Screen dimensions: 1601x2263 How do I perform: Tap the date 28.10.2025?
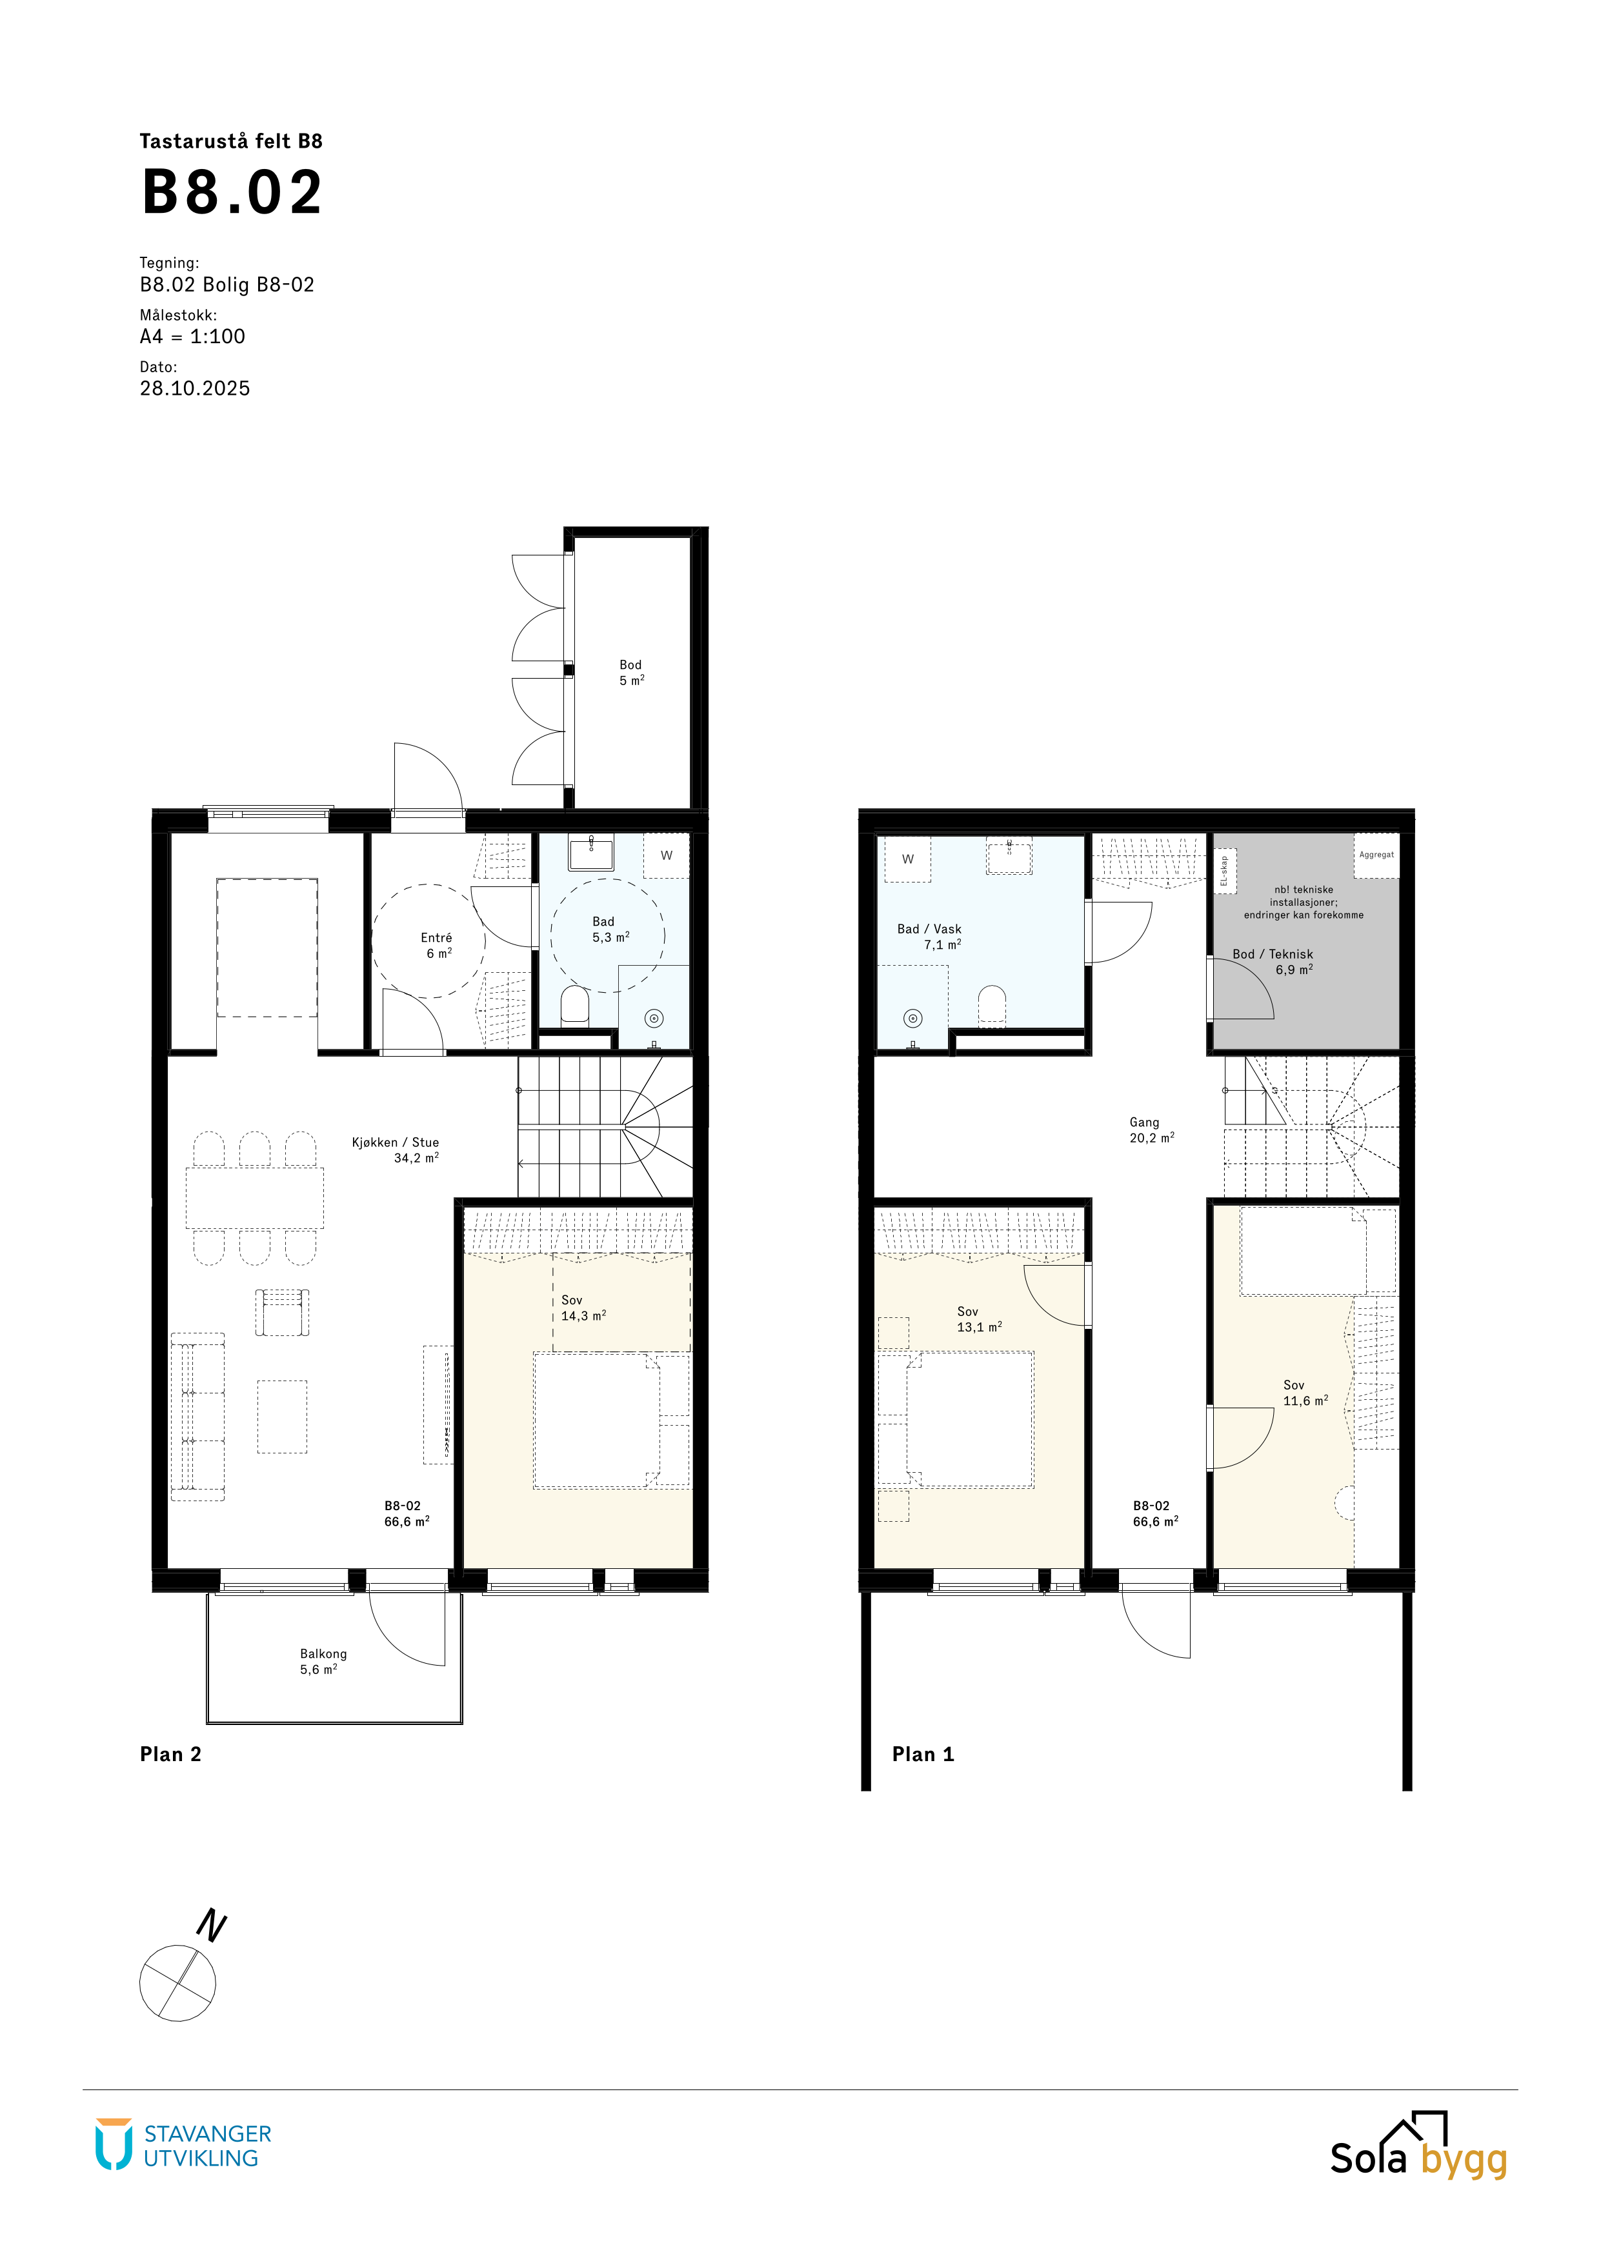[x=195, y=388]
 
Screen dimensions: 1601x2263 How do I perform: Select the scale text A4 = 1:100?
[x=192, y=336]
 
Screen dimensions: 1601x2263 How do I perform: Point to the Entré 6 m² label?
[x=437, y=945]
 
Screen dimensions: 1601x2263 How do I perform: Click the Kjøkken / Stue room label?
[x=396, y=1142]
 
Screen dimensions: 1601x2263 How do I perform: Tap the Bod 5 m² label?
[x=631, y=672]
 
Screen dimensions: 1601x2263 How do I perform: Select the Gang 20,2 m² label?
[x=1151, y=1130]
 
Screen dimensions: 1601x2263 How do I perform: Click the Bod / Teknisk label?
[x=1273, y=954]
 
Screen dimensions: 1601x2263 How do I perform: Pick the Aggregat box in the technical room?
[x=1376, y=855]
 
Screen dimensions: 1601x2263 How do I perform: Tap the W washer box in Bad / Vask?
[x=908, y=859]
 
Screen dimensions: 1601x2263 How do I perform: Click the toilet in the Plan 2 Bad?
[x=575, y=1007]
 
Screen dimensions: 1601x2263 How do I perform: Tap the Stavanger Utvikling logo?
[x=183, y=2146]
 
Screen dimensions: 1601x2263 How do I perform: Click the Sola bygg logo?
[x=1418, y=2145]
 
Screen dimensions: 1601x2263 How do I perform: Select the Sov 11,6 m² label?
[x=1305, y=1393]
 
